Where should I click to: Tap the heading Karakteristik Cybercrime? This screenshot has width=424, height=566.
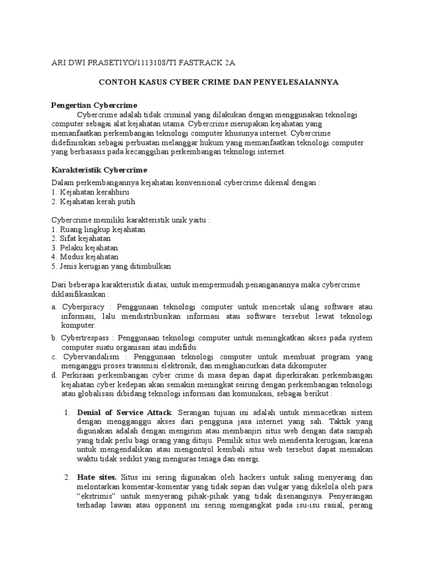(99, 169)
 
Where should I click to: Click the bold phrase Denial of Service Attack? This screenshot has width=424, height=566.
(125, 413)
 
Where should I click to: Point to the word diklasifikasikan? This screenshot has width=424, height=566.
(79, 294)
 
